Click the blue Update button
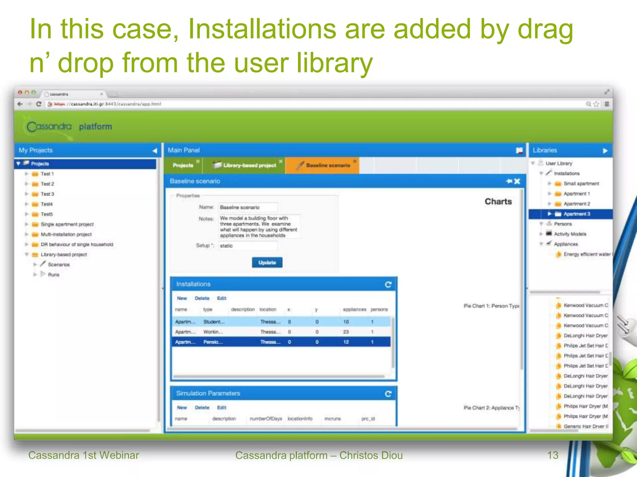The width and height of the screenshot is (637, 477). (x=267, y=262)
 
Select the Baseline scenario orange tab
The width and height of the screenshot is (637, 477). (x=328, y=166)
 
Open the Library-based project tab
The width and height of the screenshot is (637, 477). (x=249, y=166)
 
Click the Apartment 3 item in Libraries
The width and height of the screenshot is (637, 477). (x=577, y=214)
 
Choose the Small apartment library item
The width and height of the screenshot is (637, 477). (x=581, y=184)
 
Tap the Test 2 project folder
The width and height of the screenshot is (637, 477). (x=47, y=184)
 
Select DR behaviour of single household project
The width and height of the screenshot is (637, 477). (x=77, y=244)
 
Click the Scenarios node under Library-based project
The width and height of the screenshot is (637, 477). (x=58, y=265)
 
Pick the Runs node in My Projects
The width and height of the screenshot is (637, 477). (x=53, y=275)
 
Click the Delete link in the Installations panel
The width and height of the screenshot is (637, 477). (x=202, y=298)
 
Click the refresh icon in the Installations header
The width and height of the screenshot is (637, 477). (x=388, y=284)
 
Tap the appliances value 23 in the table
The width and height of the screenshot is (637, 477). (x=346, y=332)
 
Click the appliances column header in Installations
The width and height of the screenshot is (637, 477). (x=354, y=310)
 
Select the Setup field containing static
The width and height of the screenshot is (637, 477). (x=248, y=246)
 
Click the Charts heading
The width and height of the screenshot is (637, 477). (x=498, y=202)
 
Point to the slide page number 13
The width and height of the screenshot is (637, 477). (x=553, y=455)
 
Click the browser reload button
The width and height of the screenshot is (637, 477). (x=39, y=104)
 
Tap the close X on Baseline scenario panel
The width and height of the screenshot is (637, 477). (x=517, y=181)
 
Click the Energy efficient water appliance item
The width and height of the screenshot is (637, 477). (x=587, y=254)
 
